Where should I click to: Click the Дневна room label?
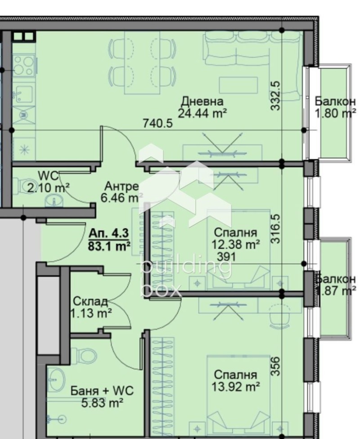coord(202,101)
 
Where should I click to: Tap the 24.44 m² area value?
coord(202,113)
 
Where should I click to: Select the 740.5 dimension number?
coord(157,123)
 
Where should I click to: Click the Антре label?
coord(121,186)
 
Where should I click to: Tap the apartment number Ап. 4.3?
coord(109,233)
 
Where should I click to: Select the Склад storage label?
coord(90,301)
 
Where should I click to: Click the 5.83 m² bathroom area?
coord(102,403)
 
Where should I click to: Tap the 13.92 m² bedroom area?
coord(235,386)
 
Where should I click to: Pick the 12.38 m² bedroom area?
coord(235,244)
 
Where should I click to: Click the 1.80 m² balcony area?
coord(335,113)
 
